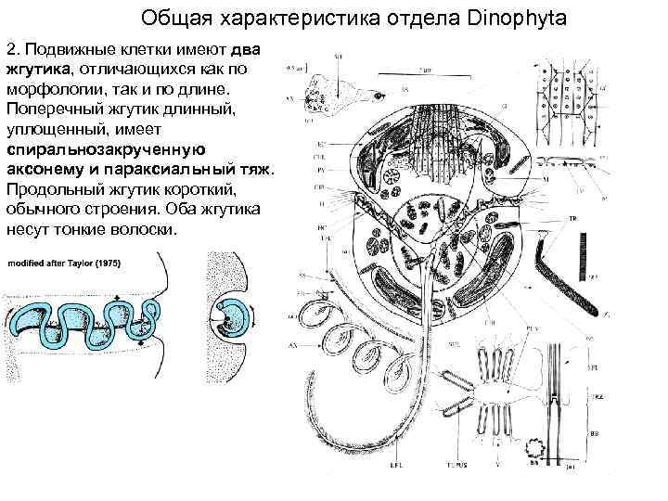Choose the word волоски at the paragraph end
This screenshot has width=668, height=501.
pos(141,229)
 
